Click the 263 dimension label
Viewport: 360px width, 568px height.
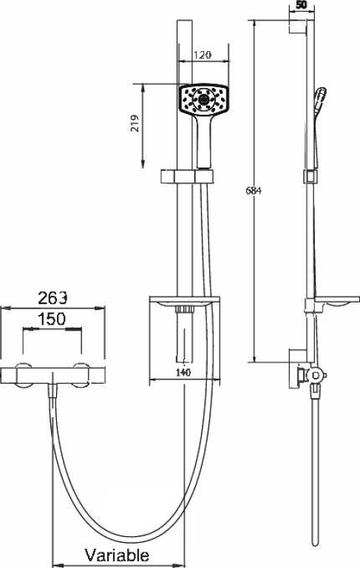(x=53, y=298)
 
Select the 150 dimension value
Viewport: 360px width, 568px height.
(x=52, y=319)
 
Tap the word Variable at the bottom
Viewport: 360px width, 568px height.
(x=117, y=555)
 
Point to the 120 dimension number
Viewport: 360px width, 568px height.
(x=203, y=55)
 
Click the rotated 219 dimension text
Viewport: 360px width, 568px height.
(x=135, y=124)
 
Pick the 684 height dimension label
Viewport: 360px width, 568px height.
(x=253, y=191)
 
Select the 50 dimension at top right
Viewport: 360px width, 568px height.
(x=302, y=4)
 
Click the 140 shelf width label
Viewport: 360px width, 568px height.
(x=183, y=372)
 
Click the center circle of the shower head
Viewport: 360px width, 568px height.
(x=203, y=98)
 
